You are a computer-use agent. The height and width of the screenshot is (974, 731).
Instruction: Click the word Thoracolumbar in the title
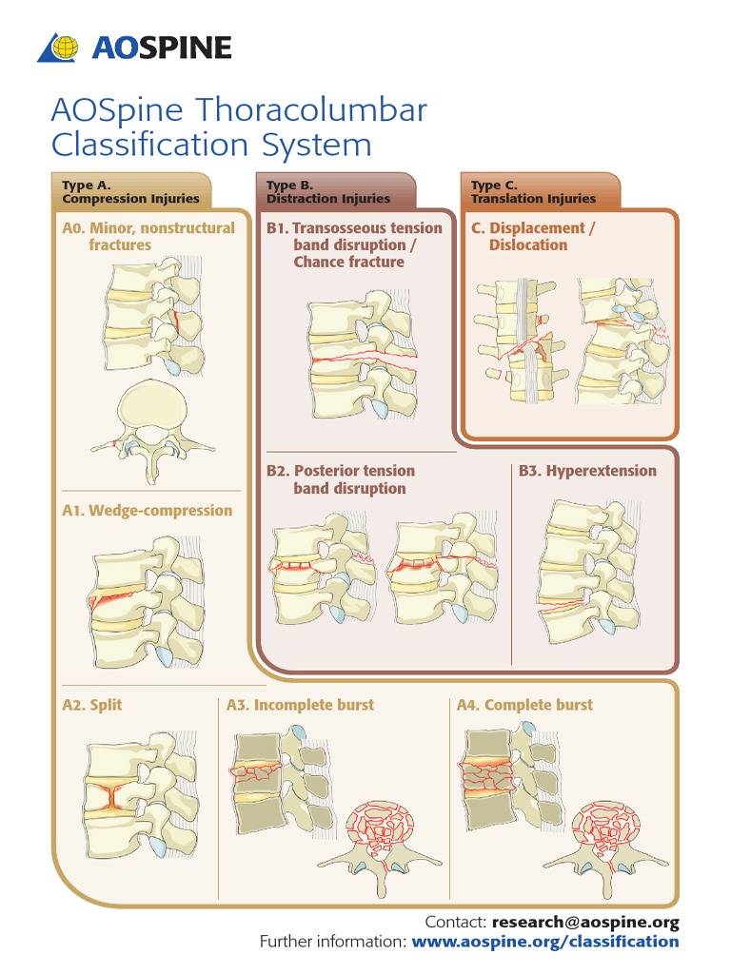(x=309, y=110)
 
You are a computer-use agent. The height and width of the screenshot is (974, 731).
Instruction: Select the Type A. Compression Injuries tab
(x=130, y=192)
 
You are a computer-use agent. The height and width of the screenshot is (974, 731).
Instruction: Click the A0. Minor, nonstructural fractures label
(x=148, y=236)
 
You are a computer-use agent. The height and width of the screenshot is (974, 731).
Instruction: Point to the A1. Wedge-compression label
(x=147, y=511)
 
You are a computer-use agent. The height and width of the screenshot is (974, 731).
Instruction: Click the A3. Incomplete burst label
(x=300, y=705)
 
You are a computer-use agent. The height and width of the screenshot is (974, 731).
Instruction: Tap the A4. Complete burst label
(x=524, y=705)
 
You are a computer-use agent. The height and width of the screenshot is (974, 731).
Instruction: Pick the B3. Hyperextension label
(x=586, y=471)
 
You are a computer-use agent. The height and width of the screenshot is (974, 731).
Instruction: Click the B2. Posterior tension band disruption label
(x=341, y=479)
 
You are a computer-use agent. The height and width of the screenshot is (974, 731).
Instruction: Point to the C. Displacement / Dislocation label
(x=533, y=236)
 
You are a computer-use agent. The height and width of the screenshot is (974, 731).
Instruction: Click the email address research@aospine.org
(x=585, y=922)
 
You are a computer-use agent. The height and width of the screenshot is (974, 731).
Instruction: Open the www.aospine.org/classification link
(x=544, y=942)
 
